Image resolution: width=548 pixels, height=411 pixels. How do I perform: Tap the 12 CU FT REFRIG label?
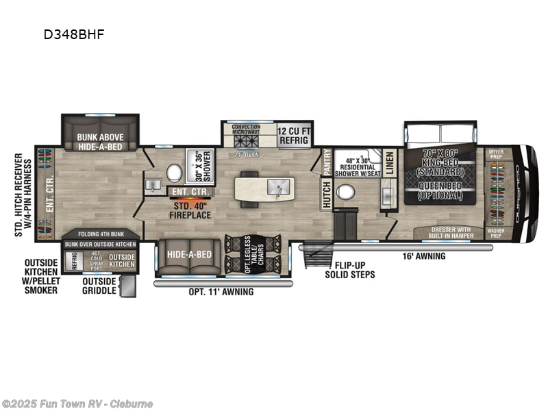click(296, 135)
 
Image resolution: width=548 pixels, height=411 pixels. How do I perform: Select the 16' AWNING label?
click(424, 256)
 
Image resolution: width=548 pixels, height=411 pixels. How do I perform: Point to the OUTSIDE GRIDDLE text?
click(99, 286)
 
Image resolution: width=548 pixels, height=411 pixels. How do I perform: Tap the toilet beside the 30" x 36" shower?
click(174, 171)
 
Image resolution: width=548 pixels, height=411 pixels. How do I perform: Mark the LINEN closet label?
click(389, 163)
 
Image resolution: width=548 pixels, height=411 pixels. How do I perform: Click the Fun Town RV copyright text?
click(78, 403)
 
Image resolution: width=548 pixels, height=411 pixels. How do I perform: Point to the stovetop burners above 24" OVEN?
click(245, 142)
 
